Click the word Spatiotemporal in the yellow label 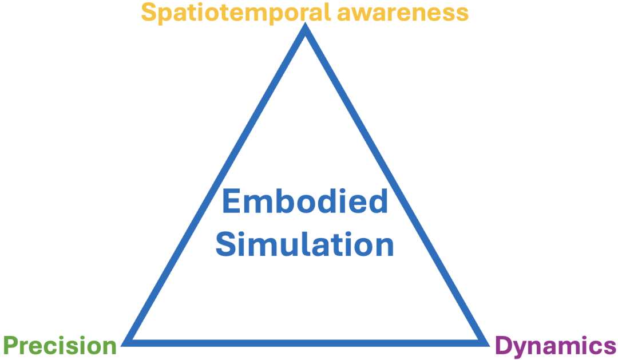[235, 13]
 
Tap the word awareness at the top [402, 13]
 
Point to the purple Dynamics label [555, 346]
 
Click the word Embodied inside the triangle [304, 202]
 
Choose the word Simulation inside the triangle [304, 244]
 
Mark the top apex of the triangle [306, 30]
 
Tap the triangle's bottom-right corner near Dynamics [483, 342]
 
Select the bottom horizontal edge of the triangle [306, 342]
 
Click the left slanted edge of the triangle [216, 186]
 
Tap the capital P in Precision [11, 346]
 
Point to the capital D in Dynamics [503, 346]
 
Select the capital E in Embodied [231, 202]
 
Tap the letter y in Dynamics [521, 348]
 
